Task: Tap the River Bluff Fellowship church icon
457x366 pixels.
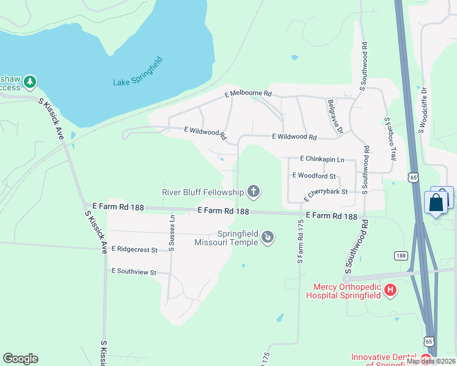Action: (x=254, y=193)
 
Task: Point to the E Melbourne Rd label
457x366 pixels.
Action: (x=248, y=95)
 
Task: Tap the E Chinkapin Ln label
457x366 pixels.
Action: (x=323, y=159)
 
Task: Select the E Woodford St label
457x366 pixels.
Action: (x=314, y=176)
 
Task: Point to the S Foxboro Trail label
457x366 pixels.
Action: (x=390, y=140)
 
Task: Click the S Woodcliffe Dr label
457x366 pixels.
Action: (x=422, y=113)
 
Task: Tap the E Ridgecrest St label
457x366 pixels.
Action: (x=134, y=249)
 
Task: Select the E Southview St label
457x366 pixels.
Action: (x=134, y=271)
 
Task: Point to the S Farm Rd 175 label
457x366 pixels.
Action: (x=301, y=242)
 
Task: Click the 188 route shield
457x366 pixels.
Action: (x=400, y=255)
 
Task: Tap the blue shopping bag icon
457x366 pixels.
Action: (x=436, y=202)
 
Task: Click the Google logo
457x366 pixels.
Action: (x=20, y=359)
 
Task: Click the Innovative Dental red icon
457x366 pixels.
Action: (x=426, y=358)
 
